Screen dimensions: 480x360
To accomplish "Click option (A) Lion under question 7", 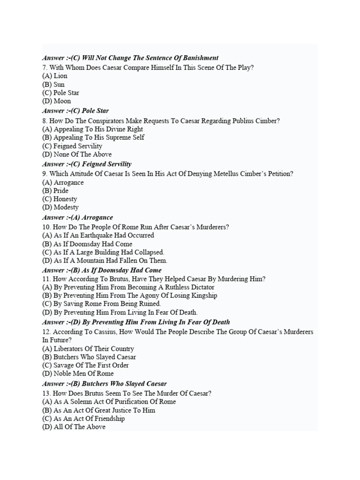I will pyautogui.click(x=55, y=76).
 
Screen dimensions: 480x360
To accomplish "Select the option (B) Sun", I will pyautogui.click(x=53, y=84).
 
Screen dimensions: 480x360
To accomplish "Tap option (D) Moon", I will pyautogui.click(x=57, y=101).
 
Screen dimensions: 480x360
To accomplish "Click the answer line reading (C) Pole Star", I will pyautogui.click(x=75, y=111).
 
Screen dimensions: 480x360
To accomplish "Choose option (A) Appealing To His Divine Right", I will pyautogui.click(x=92, y=129).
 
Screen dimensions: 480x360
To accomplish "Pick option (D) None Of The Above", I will pyautogui.click(x=77, y=155).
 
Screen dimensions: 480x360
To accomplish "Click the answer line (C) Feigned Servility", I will pyautogui.click(x=87, y=165).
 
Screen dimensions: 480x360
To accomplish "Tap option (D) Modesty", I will pyautogui.click(x=60, y=208).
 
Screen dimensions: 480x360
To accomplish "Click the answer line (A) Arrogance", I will pyautogui.click(x=77, y=217).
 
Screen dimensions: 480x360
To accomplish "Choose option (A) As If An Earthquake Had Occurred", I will pyautogui.click(x=98, y=236).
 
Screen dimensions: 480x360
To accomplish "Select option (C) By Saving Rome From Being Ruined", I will pyautogui.click(x=101, y=304).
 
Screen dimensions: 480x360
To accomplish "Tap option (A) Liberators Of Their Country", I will pyautogui.click(x=88, y=349).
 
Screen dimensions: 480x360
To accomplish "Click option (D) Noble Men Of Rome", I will pyautogui.click(x=78, y=374).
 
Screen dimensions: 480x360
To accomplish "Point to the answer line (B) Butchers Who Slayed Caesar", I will pyautogui.click(x=104, y=384).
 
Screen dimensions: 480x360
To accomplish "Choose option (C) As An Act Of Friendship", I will pyautogui.click(x=83, y=419).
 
